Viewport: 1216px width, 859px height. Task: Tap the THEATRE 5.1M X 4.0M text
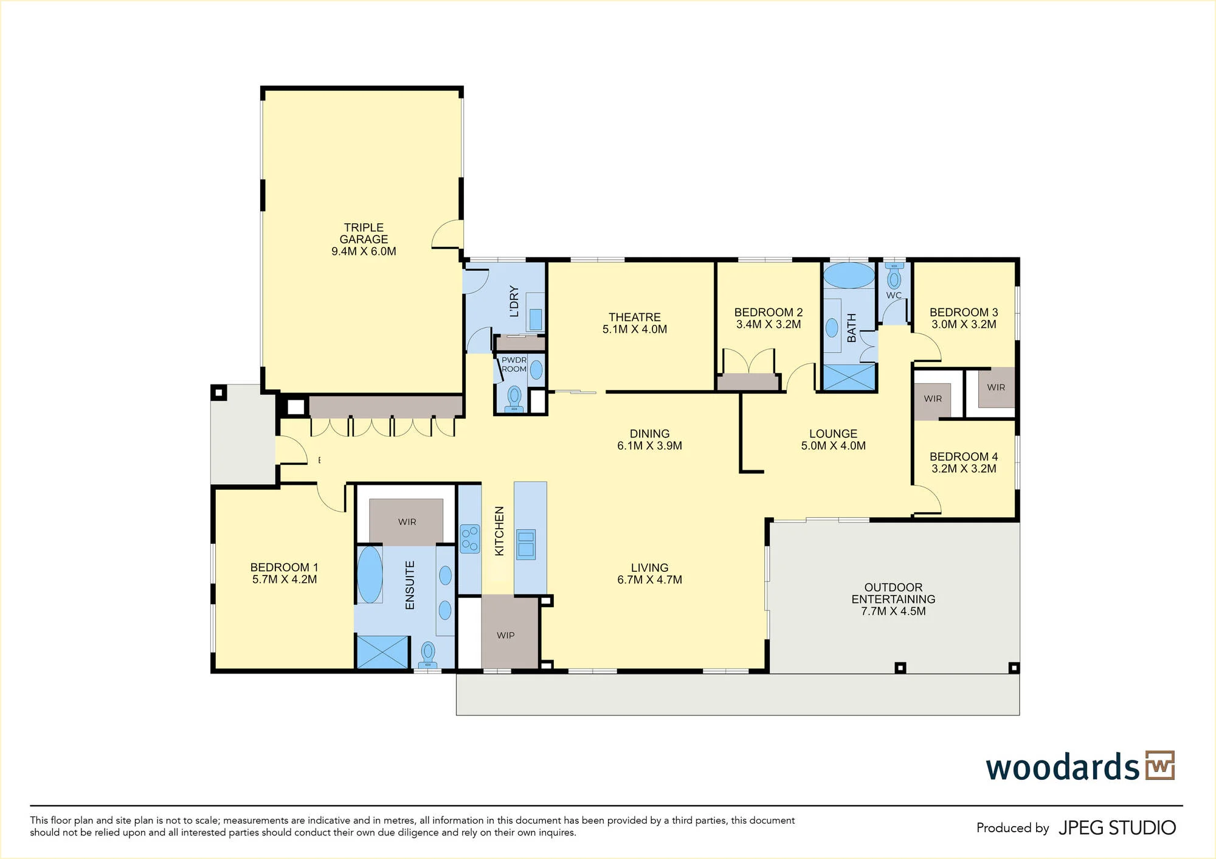click(x=635, y=323)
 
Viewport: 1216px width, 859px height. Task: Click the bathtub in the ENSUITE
click(x=370, y=574)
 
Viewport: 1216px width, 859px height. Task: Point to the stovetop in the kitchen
click(x=470, y=538)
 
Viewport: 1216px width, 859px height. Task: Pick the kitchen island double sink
click(x=526, y=544)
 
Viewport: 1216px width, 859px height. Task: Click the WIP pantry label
click(x=505, y=635)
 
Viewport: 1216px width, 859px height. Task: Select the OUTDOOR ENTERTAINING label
click(x=893, y=599)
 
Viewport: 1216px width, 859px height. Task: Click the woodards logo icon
click(x=1160, y=765)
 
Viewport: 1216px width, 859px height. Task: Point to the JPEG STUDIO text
click(x=1117, y=828)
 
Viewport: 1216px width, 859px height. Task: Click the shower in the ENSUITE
click(x=382, y=652)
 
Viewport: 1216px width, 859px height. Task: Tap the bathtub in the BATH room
click(x=849, y=276)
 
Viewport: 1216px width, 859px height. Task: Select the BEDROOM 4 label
click(x=964, y=462)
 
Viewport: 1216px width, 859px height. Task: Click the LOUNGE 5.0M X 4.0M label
click(x=833, y=439)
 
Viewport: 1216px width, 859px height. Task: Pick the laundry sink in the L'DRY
click(x=536, y=319)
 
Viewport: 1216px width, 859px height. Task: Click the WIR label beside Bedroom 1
click(x=407, y=522)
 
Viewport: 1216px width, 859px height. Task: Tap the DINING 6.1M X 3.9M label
click(x=649, y=439)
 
